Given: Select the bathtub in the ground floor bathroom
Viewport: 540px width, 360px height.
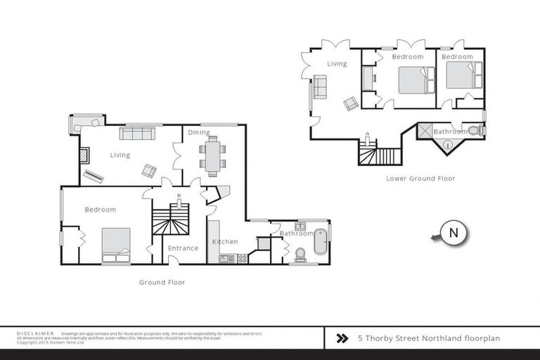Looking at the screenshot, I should (x=321, y=241).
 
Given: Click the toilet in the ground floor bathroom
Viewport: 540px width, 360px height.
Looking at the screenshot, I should (x=300, y=252).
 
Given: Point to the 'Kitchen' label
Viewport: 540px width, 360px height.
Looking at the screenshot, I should (x=225, y=242).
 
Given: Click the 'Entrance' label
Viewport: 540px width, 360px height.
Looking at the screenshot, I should (x=184, y=247).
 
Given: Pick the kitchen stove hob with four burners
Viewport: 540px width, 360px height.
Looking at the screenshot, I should (x=242, y=259).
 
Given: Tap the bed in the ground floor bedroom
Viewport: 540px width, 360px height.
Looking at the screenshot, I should (x=116, y=245).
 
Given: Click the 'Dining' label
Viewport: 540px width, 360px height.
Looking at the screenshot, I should (x=199, y=132).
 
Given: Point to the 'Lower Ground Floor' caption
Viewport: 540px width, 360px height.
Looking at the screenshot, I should (x=420, y=179).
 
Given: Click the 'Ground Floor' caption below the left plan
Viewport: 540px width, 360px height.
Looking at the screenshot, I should (x=162, y=282).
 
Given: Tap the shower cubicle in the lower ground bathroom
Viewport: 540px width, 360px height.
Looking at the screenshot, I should (x=424, y=130).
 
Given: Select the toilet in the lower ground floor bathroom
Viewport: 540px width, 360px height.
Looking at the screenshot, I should (x=475, y=130).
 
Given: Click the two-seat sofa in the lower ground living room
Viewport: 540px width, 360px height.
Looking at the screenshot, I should (x=320, y=88).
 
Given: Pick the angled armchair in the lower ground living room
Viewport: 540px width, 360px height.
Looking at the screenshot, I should (x=351, y=104).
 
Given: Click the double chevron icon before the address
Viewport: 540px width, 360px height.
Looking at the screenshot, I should (x=342, y=338).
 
